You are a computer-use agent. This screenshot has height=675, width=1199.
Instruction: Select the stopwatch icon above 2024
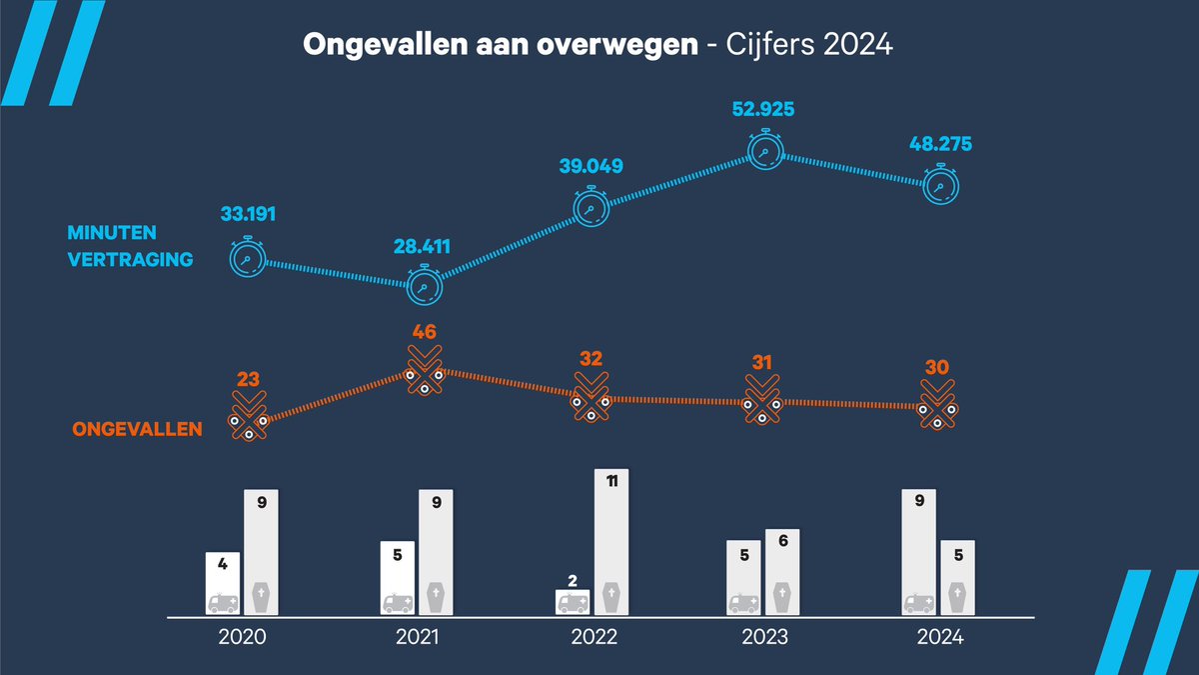coord(939,186)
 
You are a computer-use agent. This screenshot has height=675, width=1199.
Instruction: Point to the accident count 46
coord(426,332)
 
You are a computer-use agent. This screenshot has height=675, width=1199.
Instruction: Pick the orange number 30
coord(938,368)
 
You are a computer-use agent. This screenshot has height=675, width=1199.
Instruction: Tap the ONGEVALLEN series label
coord(138,430)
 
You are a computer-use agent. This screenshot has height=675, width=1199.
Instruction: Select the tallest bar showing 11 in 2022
coord(611,541)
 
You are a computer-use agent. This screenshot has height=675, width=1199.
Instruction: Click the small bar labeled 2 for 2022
coord(574,601)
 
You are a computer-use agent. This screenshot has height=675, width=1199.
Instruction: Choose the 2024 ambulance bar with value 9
coord(919,551)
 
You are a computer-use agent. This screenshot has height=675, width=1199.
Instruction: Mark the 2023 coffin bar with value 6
coord(781,571)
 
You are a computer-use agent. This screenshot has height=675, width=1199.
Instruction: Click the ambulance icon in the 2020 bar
coord(223,602)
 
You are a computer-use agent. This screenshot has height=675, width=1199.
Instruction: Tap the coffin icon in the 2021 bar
coord(436,597)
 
